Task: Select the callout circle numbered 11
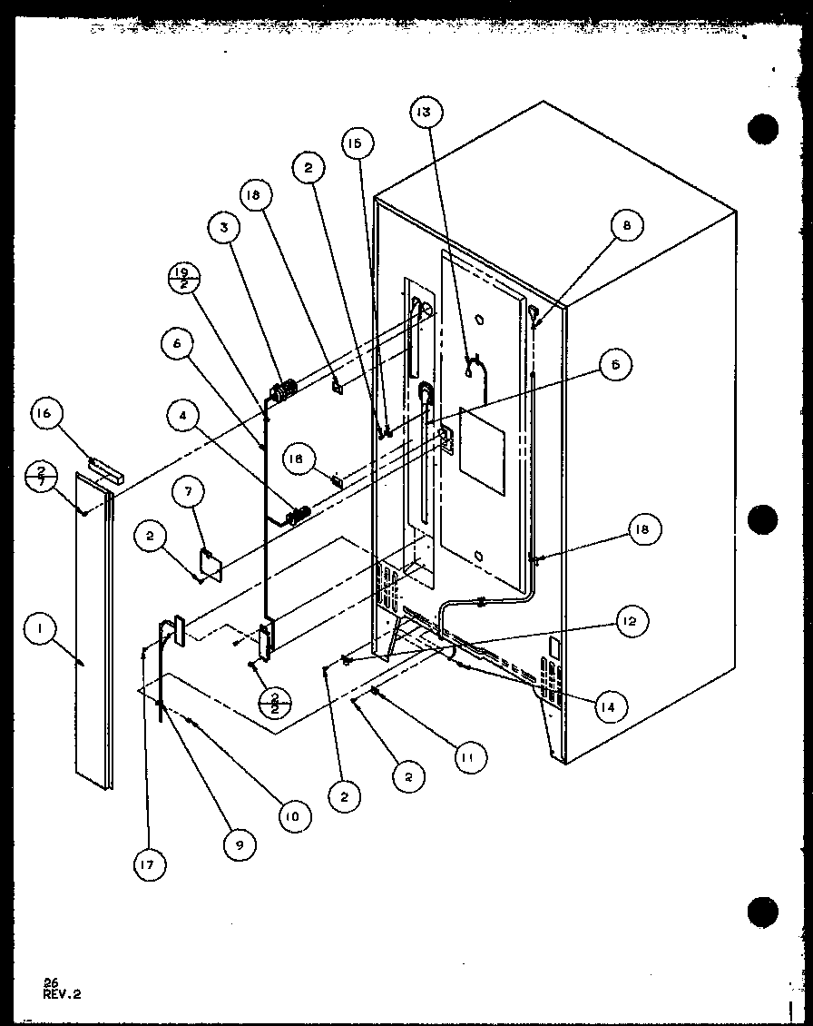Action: (x=469, y=756)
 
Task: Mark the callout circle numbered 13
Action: (x=426, y=113)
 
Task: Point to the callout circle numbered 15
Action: (x=356, y=143)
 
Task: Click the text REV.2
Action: (x=61, y=993)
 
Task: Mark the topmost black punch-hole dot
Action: (x=763, y=129)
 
